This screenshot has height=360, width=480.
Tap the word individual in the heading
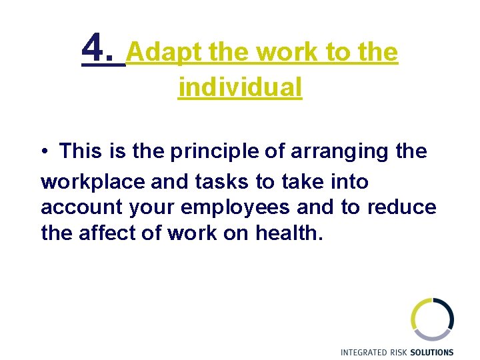click(240, 87)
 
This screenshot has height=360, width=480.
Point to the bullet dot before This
click(43, 152)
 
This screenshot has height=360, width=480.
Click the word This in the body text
click(83, 151)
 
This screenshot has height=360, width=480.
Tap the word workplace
click(87, 181)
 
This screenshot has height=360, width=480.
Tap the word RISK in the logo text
click(401, 352)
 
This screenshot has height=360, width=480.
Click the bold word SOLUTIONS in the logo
click(433, 352)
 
